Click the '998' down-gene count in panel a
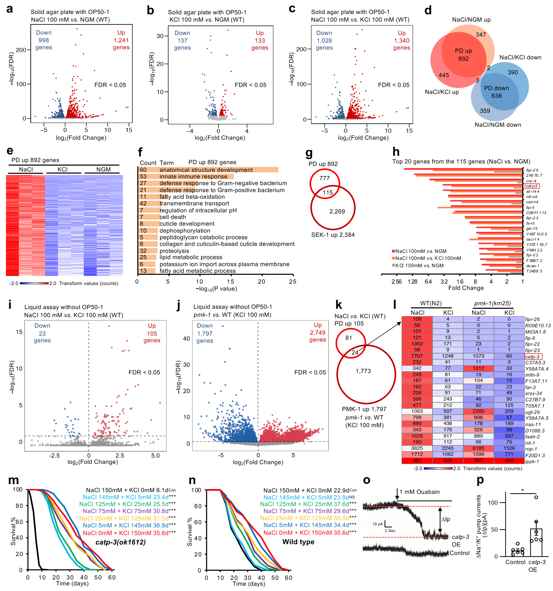[44, 40]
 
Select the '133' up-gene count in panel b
[260, 41]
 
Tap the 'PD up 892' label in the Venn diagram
[463, 54]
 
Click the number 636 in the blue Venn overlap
[496, 96]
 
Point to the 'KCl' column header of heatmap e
[62, 169]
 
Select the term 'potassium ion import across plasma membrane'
[224, 264]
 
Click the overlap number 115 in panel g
[327, 192]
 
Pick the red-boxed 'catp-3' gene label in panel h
[532, 186]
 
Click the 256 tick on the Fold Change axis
[397, 282]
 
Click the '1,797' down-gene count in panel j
[205, 334]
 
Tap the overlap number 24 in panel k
[355, 352]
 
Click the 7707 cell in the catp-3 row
[417, 356]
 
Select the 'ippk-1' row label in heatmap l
[532, 461]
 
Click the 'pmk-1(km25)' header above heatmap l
[492, 303]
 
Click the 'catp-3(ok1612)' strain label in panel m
[120, 542]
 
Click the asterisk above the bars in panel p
[522, 490]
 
